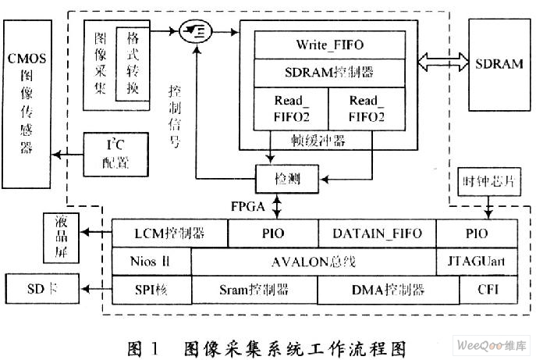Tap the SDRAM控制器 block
coord(330,73)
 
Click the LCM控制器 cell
coord(170,232)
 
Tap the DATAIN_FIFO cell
coord(377,232)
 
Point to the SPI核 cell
coord(151,290)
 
